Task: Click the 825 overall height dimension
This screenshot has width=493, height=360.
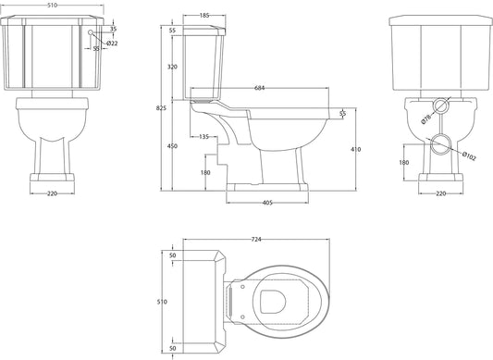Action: (161, 108)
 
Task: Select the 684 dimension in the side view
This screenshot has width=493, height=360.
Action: (260, 88)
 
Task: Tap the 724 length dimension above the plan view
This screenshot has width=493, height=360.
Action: (256, 240)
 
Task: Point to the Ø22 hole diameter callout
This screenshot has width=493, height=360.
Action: (112, 43)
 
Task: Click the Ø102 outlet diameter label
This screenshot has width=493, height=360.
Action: (469, 156)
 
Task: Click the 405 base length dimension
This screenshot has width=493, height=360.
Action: (267, 203)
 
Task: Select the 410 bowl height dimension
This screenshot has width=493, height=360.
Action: (355, 149)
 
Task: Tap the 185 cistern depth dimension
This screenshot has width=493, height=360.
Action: (204, 15)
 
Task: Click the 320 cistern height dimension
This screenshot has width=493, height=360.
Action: (172, 67)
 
